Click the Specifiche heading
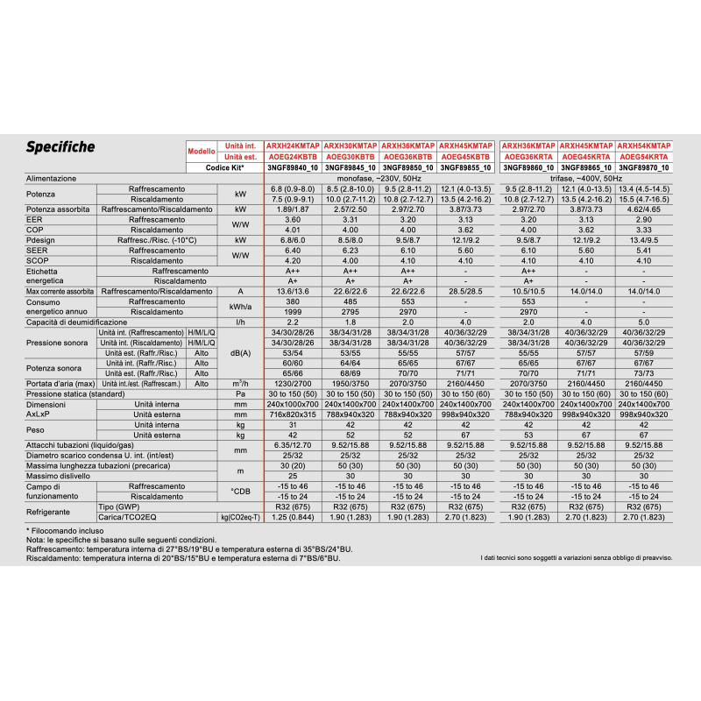click(x=60, y=146)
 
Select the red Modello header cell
click(x=202, y=151)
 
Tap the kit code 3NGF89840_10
click(x=293, y=167)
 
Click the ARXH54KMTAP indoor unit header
click(x=644, y=145)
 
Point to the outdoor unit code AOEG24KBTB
click(x=293, y=157)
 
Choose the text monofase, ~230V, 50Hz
click(x=379, y=179)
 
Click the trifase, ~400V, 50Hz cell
click(x=586, y=179)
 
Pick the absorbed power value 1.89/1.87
click(x=293, y=209)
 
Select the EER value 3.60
click(x=293, y=220)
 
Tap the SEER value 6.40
click(x=293, y=251)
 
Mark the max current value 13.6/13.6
click(x=293, y=292)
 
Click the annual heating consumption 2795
click(x=350, y=312)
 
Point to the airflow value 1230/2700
click(x=293, y=384)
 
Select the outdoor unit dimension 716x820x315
click(x=293, y=414)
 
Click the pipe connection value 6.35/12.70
click(x=293, y=445)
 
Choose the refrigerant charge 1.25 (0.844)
click(x=293, y=517)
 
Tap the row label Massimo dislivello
click(x=58, y=476)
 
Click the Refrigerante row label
click(x=48, y=512)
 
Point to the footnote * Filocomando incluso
click(x=65, y=531)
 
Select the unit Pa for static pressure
click(x=240, y=393)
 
